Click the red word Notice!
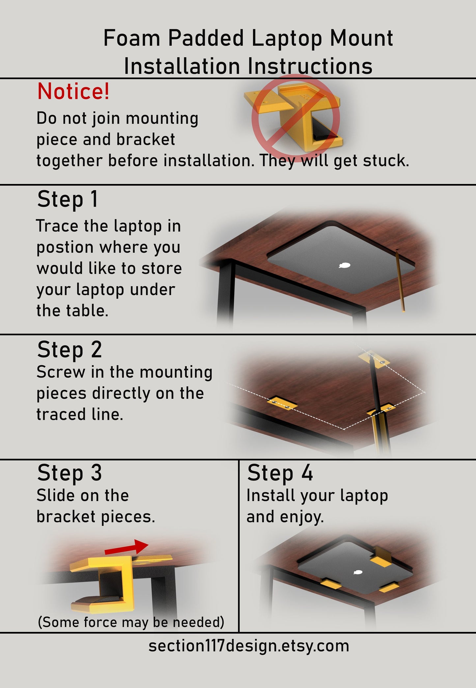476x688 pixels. point(73,91)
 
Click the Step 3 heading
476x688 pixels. point(69,473)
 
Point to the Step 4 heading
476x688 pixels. point(280,473)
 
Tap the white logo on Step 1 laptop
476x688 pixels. point(345,265)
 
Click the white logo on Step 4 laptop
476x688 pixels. point(357,572)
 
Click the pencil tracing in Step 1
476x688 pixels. point(400,280)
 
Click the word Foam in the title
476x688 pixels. point(131,38)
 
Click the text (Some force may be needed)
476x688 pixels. point(131,622)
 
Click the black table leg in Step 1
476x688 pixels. point(226,293)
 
